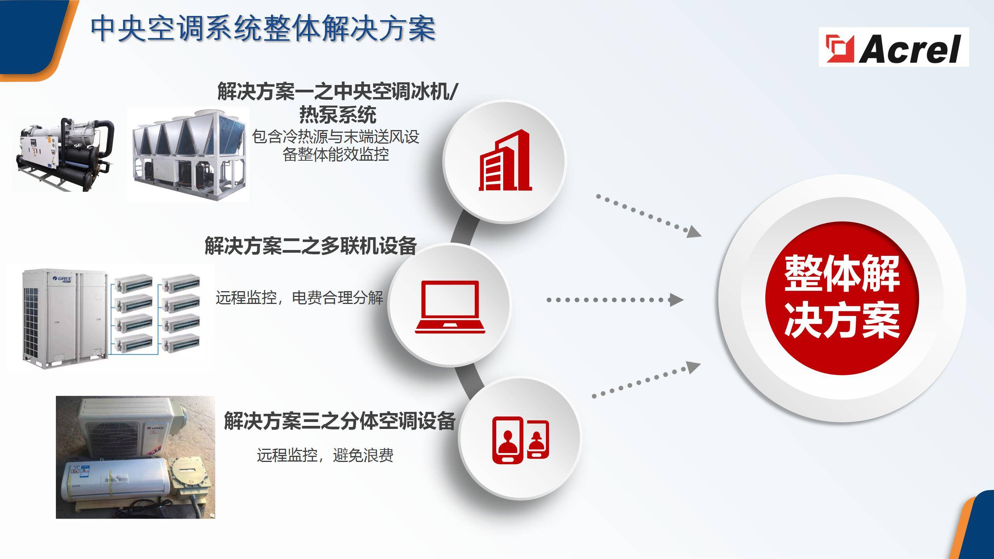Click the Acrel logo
tap(894, 47)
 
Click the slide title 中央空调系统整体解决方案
tap(263, 28)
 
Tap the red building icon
tap(505, 160)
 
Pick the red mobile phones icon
tap(521, 440)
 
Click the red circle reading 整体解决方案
tap(842, 298)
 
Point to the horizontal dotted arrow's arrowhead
tap(676, 300)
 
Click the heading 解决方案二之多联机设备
tap(311, 245)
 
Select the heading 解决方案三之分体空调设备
tap(340, 421)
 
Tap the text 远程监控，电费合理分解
tap(299, 298)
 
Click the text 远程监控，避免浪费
tap(325, 455)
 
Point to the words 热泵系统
tap(338, 114)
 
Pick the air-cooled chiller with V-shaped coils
tap(188, 155)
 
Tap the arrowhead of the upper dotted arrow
tap(695, 232)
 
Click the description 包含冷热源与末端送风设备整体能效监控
tap(335, 145)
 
